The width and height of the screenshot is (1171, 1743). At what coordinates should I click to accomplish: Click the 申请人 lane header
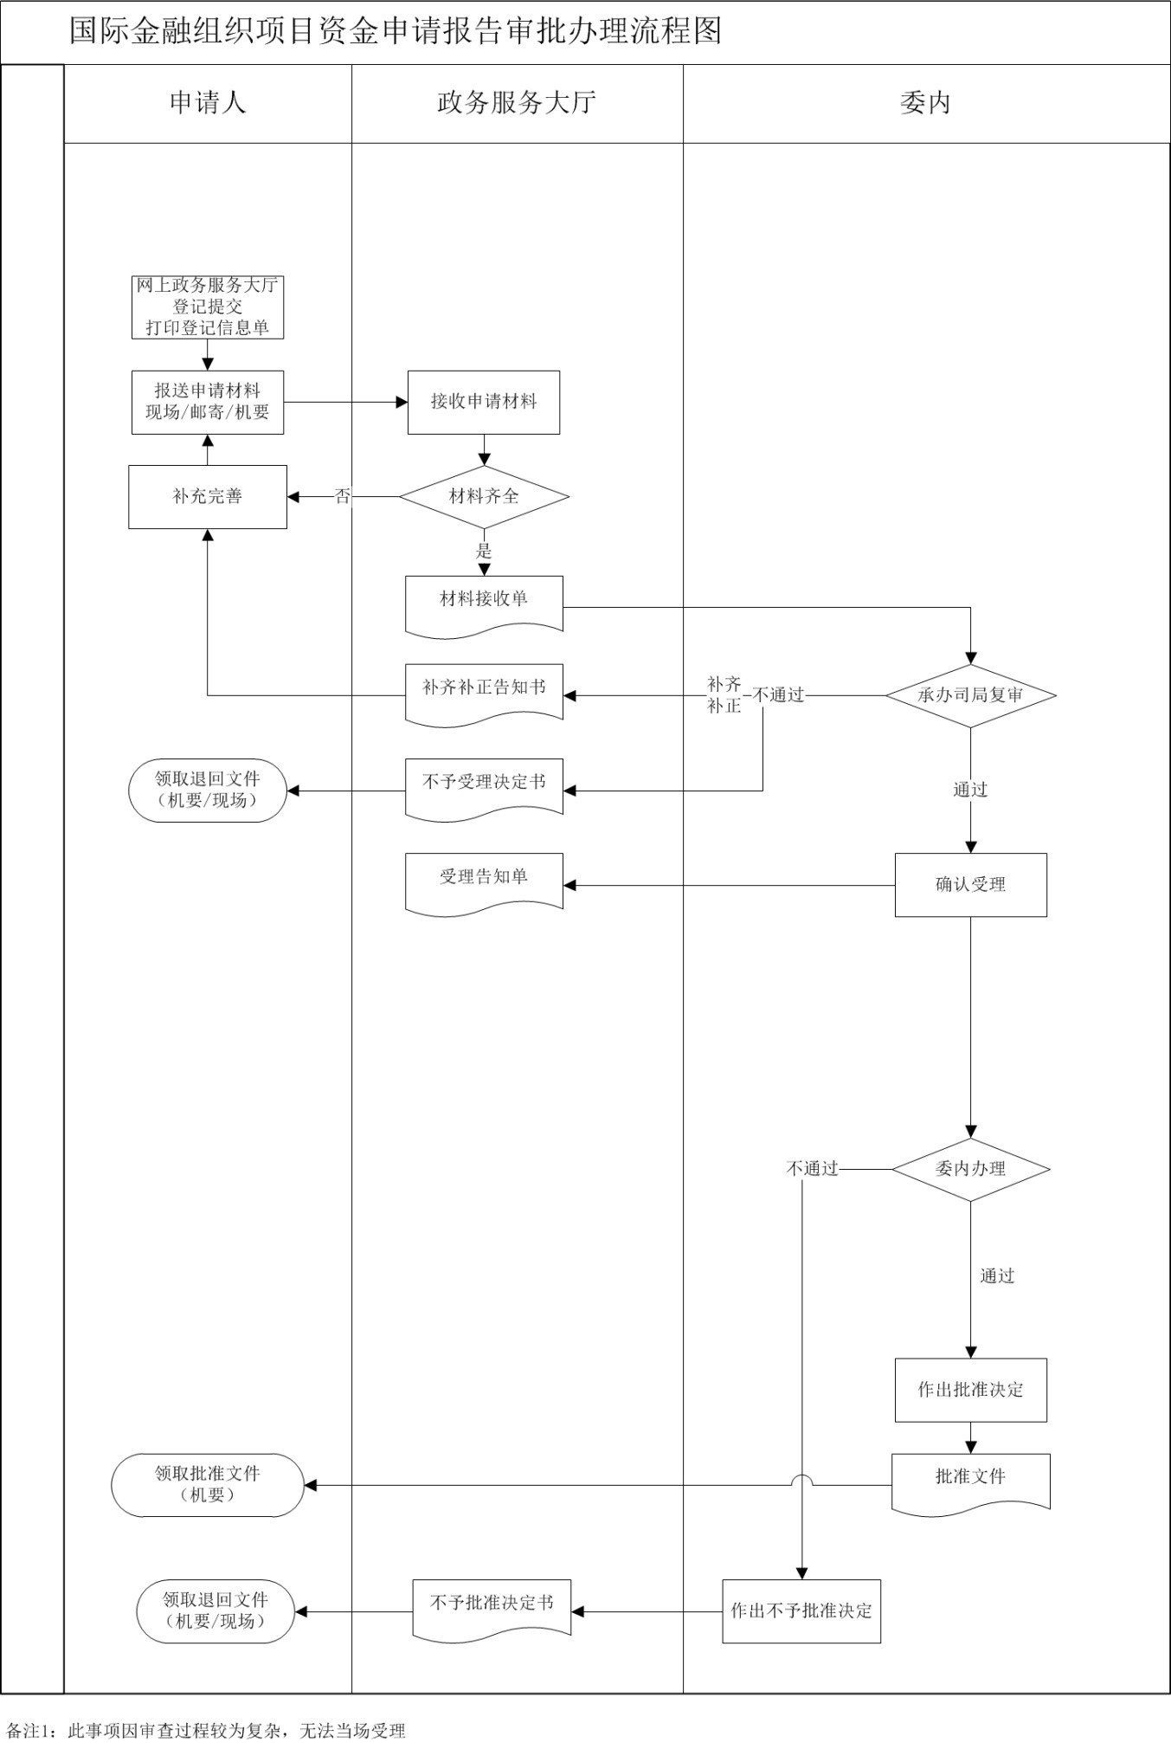(208, 103)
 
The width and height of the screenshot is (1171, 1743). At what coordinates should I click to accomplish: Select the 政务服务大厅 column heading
(517, 103)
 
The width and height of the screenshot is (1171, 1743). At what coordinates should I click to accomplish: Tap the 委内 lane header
(925, 103)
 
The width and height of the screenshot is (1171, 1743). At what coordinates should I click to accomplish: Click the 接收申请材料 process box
(484, 402)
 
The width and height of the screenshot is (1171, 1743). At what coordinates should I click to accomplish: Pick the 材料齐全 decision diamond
(484, 496)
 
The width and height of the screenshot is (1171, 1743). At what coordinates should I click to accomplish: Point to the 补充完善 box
(208, 496)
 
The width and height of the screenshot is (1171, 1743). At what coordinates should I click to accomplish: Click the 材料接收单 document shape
(484, 604)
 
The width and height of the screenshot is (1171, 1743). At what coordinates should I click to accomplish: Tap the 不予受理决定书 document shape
(484, 786)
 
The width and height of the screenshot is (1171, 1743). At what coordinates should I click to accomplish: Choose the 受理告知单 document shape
(484, 881)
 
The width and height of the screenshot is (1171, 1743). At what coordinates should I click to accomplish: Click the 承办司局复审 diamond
(970, 695)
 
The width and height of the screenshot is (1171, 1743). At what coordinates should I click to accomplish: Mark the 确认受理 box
(970, 885)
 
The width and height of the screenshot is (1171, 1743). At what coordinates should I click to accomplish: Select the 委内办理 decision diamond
(970, 1169)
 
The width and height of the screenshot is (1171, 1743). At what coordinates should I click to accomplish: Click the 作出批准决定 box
(970, 1390)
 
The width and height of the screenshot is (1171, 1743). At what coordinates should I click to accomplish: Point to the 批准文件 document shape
(970, 1482)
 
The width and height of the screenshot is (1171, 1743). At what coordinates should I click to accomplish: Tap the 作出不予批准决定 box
(801, 1611)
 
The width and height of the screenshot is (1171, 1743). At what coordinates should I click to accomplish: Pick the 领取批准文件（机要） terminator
(208, 1485)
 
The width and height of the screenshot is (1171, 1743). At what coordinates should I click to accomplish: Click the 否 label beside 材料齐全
(343, 496)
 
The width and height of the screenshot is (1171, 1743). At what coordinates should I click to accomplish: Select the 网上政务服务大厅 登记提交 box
(208, 307)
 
